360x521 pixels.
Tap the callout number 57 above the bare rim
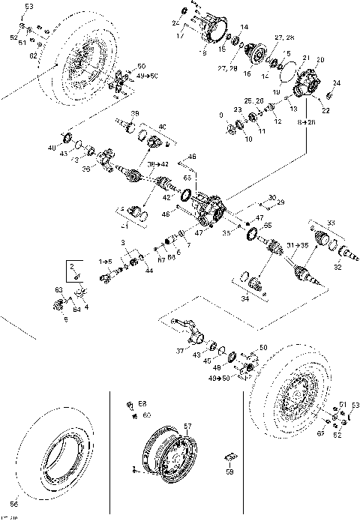click(188, 425)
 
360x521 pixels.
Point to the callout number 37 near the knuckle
click(179, 350)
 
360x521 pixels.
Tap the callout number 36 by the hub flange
click(86, 169)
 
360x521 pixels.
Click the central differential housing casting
click(211, 205)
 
